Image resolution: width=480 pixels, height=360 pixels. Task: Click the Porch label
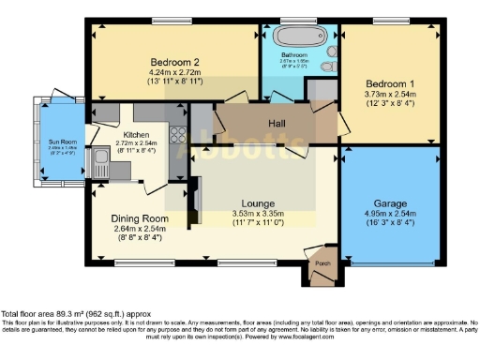click(322, 263)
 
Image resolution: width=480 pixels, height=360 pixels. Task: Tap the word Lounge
click(257, 202)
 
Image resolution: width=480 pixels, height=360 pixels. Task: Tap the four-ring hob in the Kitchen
click(176, 133)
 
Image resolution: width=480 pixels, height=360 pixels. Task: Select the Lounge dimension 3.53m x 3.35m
click(257, 214)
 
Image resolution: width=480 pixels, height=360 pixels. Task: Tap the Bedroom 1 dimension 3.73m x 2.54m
click(385, 94)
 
